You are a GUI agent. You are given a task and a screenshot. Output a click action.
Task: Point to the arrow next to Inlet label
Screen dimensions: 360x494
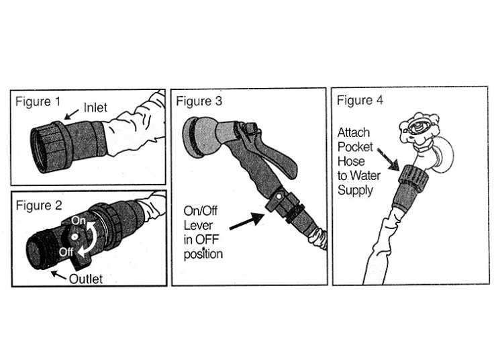[x=73, y=116]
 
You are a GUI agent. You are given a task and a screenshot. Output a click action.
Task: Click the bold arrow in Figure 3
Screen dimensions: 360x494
[x=246, y=222]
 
